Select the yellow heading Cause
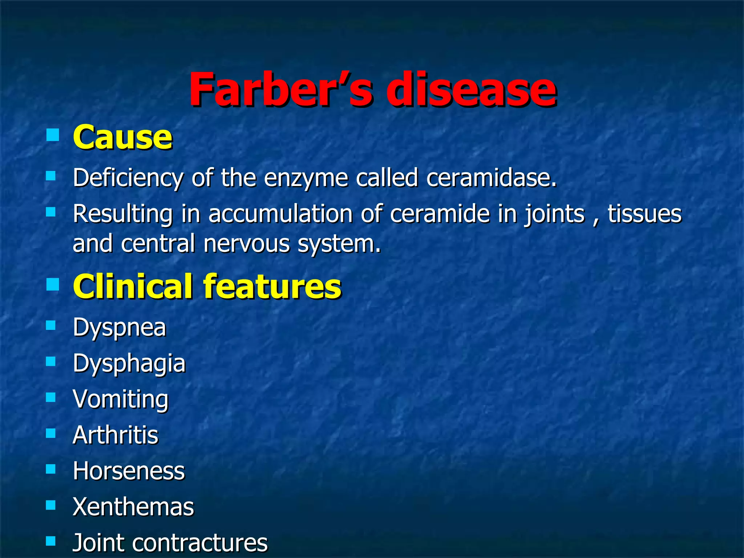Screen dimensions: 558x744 click(122, 137)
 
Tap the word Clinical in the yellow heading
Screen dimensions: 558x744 click(133, 287)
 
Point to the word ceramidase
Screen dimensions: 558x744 click(491, 178)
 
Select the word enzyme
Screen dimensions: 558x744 click(306, 178)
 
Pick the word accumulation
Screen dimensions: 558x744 click(280, 214)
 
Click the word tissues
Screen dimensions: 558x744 click(644, 214)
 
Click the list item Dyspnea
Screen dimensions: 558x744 click(120, 328)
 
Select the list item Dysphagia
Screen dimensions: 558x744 click(129, 364)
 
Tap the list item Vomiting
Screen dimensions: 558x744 click(121, 399)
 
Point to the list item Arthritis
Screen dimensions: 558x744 click(116, 435)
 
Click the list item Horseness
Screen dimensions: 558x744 click(129, 471)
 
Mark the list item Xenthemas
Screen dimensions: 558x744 click(133, 506)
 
